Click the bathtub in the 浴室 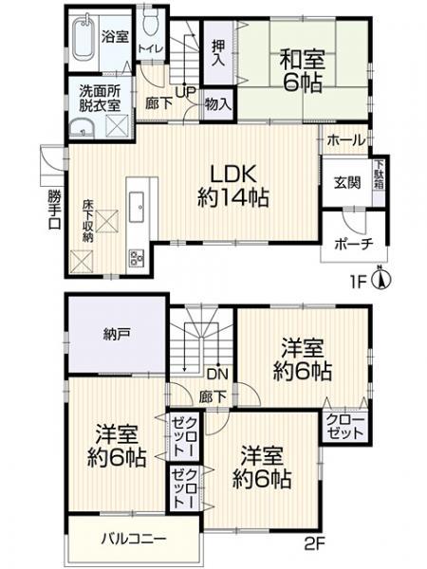pos(84,39)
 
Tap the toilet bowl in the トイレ pos(150,23)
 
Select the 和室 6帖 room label pos(302,71)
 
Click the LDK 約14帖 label pos(233,186)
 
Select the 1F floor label pos(359,281)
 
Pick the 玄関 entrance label pos(347,183)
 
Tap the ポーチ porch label pos(354,244)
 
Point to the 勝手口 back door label pos(55,210)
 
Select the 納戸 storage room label pos(115,334)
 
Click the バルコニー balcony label pos(134,539)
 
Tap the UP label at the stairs pos(185,91)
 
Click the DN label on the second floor pos(218,374)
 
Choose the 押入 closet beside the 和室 pos(218,53)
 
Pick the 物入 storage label pos(218,105)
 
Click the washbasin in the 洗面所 pos(82,129)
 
